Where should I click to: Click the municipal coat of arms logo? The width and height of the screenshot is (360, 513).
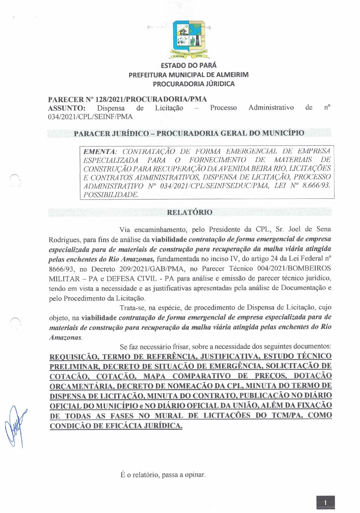tap(189, 39)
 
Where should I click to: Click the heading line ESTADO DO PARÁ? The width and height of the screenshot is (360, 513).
tap(189, 65)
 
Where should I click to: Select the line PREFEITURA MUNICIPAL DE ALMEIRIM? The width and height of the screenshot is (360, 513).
tap(188, 75)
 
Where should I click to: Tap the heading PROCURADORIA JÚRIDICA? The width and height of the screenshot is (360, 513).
tap(193, 84)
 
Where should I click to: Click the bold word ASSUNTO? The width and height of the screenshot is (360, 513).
tap(67, 108)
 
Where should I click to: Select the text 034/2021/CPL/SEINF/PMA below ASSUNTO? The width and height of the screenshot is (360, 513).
tap(90, 117)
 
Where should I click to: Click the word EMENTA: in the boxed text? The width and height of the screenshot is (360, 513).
tap(99, 152)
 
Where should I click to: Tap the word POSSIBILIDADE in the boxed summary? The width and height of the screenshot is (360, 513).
tap(110, 195)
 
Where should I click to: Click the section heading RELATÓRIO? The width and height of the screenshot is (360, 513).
tap(189, 212)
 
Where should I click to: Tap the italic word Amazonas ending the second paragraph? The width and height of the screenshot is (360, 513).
tap(65, 338)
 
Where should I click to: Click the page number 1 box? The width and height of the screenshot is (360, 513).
tap(325, 503)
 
